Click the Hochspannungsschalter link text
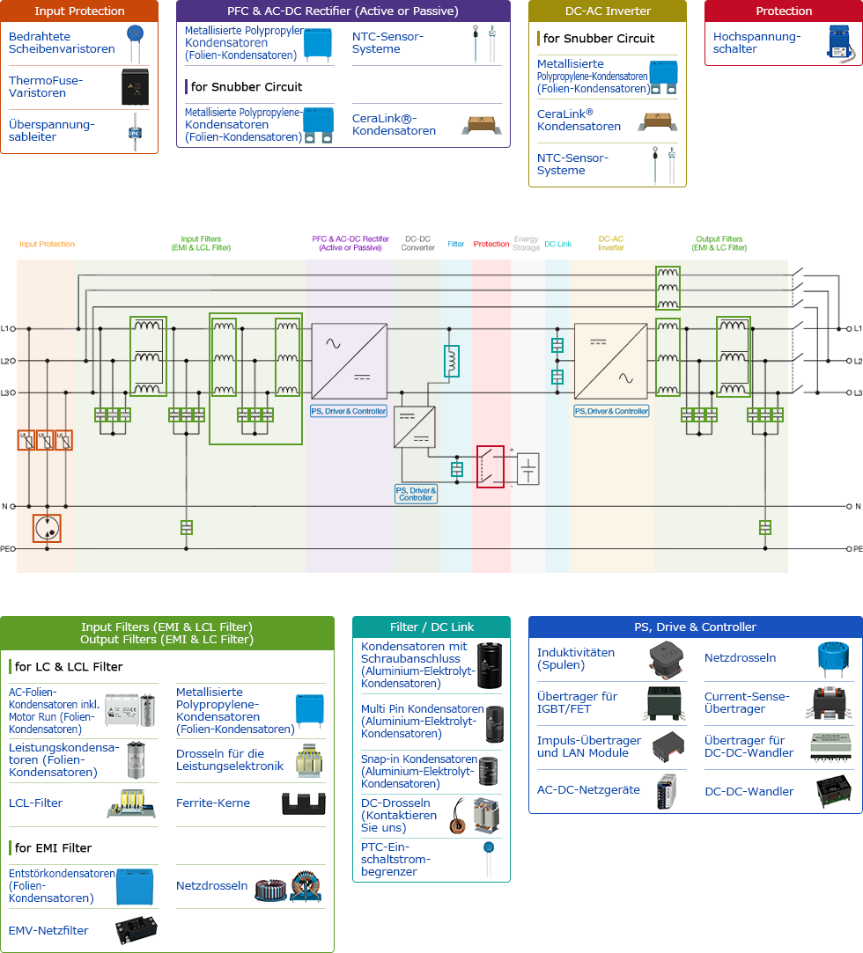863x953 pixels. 756,43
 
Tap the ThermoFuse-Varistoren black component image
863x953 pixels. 138,87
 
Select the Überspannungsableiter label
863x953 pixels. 51,131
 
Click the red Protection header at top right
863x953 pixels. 784,11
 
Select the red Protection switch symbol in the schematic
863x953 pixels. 491,466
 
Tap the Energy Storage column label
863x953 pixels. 526,244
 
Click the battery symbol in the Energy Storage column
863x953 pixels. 527,468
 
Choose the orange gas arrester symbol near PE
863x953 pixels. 47,528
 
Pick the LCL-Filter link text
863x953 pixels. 35,803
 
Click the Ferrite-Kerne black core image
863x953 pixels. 303,803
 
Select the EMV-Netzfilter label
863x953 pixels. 48,930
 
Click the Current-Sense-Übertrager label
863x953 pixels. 747,702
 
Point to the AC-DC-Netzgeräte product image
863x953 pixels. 667,790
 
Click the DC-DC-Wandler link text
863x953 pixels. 749,791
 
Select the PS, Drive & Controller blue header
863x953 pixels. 695,627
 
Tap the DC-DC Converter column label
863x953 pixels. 418,244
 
